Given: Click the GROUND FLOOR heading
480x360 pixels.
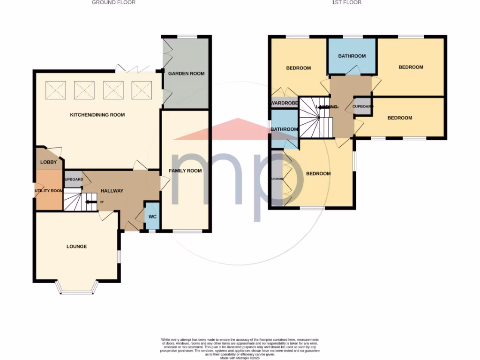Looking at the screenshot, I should [113, 2].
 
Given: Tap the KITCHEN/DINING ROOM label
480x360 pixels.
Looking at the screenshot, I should [97, 115].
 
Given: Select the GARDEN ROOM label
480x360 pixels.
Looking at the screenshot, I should [187, 74].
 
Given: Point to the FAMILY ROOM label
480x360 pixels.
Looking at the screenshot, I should [186, 171].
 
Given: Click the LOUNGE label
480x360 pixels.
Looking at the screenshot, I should [76, 247].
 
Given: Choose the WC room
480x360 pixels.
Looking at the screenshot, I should [152, 217].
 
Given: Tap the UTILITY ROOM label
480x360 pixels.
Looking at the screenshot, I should [49, 191].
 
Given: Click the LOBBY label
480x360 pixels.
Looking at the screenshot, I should [48, 162].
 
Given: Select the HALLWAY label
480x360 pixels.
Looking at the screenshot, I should [112, 191].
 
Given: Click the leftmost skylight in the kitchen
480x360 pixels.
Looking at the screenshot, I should [56, 90].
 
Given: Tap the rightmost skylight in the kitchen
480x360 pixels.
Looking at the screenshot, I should [142, 90].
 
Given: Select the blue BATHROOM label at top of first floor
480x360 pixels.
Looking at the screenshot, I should [352, 56].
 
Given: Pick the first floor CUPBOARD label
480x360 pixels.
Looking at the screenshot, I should [363, 106].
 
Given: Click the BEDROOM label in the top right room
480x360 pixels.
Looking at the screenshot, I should [411, 67].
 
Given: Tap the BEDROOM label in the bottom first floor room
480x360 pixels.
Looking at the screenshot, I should [318, 174].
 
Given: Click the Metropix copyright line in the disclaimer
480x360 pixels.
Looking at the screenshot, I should [240, 358].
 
